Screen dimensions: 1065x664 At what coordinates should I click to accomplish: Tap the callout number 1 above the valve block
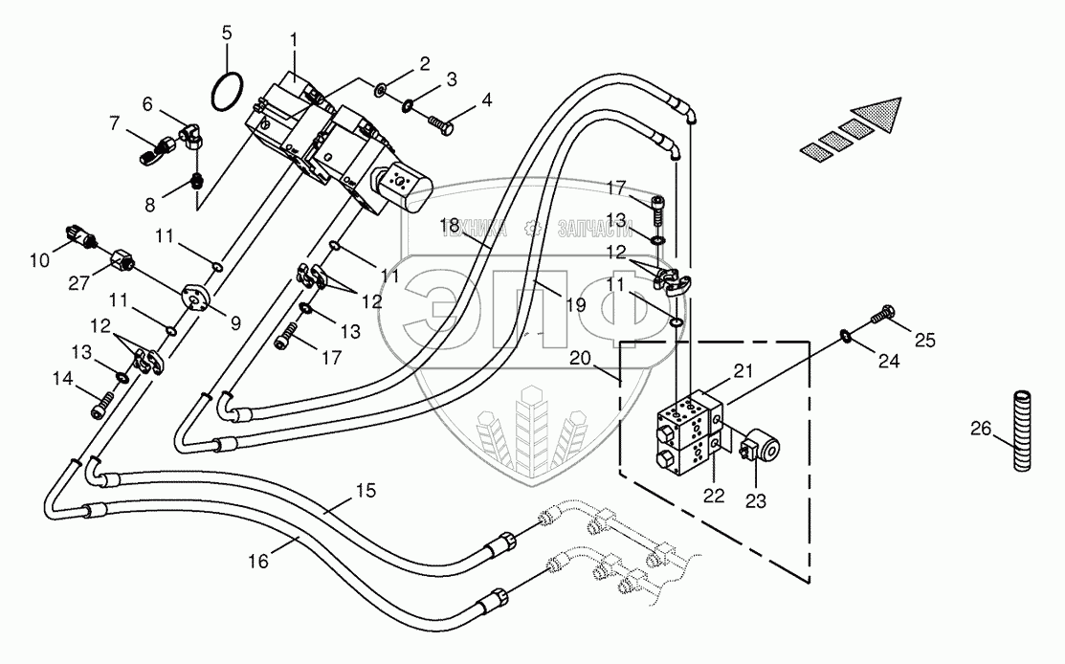[x=294, y=40]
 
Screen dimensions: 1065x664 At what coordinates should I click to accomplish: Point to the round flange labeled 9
[x=197, y=297]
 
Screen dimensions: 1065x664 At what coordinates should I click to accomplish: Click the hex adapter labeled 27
[x=122, y=258]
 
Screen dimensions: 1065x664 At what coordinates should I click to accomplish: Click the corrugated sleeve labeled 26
[x=1022, y=430]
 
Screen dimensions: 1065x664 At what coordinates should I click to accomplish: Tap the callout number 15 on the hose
[x=366, y=490]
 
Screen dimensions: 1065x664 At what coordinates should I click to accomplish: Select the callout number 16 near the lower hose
[x=258, y=562]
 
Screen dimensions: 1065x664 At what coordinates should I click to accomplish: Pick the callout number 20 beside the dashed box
[x=580, y=358]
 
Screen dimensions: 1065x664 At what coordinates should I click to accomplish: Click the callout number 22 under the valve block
[x=714, y=496]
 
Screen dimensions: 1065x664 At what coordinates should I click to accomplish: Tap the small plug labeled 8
[x=197, y=181]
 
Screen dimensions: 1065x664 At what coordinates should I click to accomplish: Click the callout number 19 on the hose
[x=575, y=305]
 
